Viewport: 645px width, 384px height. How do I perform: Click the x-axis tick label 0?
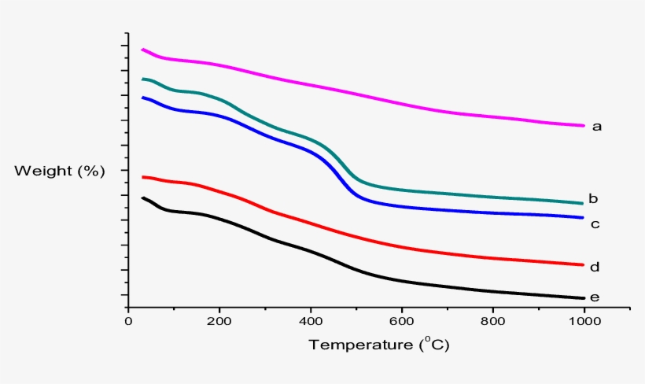coord(128,321)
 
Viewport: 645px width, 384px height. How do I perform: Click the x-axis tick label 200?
coord(219,321)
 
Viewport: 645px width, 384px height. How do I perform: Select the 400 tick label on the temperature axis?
coord(311,321)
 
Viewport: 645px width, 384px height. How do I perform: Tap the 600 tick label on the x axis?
coord(402,321)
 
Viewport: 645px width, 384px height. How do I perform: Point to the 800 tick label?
coord(493,321)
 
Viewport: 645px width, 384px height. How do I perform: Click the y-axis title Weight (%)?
coord(60,170)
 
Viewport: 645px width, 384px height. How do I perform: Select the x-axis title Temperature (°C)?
coord(379,345)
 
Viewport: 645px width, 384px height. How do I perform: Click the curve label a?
coord(596,126)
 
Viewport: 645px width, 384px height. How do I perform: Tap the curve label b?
coord(594,198)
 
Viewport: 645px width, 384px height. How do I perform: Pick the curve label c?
coord(595,224)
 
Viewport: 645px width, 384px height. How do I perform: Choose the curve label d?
coord(595,268)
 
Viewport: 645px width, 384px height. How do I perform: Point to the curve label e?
coord(595,297)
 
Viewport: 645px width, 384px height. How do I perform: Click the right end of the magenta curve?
coord(584,125)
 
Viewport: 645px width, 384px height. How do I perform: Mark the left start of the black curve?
coord(142,198)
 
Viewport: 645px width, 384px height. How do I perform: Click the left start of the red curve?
coord(142,177)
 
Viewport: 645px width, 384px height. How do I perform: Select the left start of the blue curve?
coord(142,98)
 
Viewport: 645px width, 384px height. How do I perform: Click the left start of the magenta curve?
coord(142,50)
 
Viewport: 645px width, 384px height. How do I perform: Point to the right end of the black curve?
coord(584,298)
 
